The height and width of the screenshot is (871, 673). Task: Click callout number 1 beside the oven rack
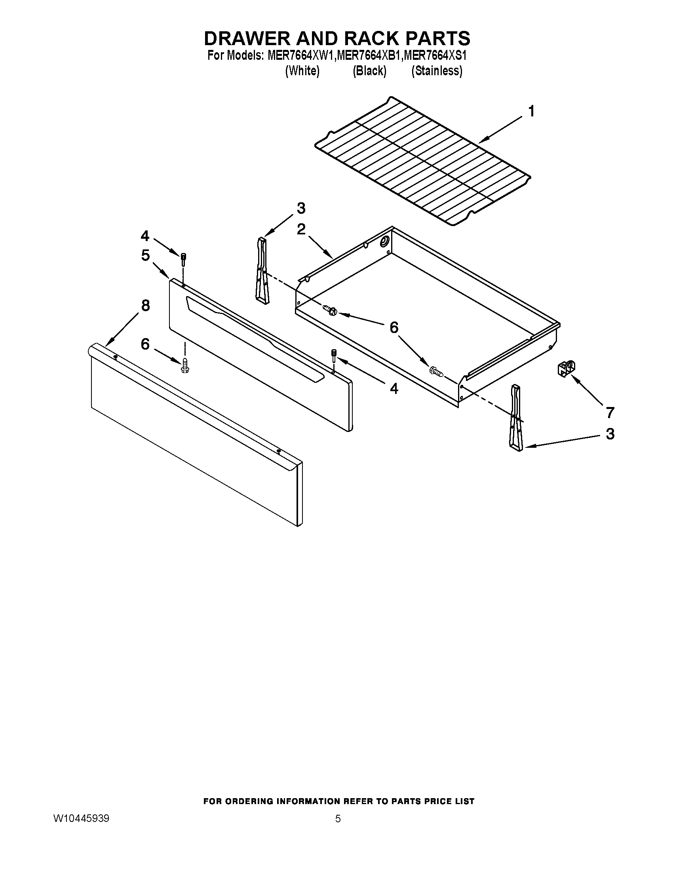pos(531,111)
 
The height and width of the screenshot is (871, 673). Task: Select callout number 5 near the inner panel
pos(145,255)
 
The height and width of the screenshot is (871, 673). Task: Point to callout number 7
pos(610,413)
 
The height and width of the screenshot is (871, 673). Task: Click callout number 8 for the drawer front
pos(145,306)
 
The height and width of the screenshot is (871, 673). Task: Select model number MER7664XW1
pos(300,55)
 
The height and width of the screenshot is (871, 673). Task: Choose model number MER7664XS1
pos(435,55)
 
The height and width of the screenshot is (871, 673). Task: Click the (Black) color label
pos(369,71)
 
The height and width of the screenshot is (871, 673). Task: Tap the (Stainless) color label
pos(437,71)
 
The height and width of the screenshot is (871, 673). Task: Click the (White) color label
pos(302,71)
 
